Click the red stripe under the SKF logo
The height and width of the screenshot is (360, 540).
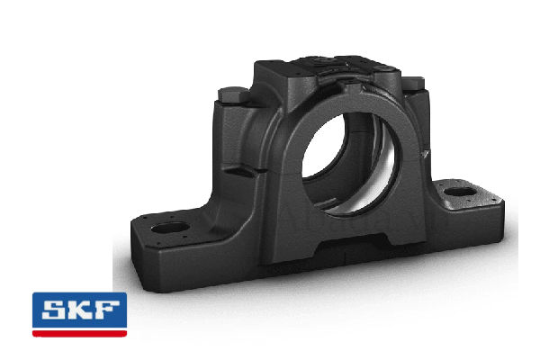79,333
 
